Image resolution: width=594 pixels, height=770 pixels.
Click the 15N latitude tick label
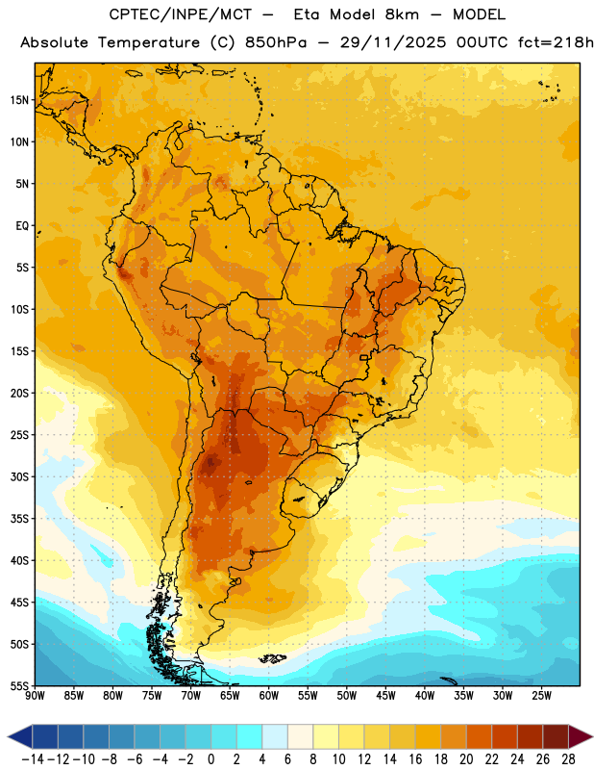click(x=19, y=100)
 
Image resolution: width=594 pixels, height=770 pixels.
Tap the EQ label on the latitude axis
click(x=22, y=226)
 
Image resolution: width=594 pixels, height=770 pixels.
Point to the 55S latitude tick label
click(x=19, y=685)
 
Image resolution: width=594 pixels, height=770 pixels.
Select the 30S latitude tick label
click(x=19, y=476)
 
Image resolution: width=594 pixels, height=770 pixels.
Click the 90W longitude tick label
click(x=35, y=696)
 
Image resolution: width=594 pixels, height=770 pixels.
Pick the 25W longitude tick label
click(x=541, y=696)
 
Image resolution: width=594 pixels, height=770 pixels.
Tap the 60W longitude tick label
click(x=269, y=696)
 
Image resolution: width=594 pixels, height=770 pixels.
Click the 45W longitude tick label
click(x=385, y=696)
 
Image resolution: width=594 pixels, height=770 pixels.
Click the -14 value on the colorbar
click(x=33, y=759)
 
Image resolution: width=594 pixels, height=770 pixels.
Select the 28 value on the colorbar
click(x=568, y=759)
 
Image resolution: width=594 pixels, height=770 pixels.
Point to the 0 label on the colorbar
click(x=210, y=759)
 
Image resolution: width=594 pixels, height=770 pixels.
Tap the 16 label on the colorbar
click(x=415, y=759)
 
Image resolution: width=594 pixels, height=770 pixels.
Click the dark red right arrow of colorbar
click(x=580, y=736)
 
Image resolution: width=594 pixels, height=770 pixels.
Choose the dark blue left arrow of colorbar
click(x=20, y=736)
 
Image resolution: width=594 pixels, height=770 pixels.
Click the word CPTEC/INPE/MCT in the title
click(x=181, y=14)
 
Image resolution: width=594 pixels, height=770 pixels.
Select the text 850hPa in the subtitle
click(x=276, y=42)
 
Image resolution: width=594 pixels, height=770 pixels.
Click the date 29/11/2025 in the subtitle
click(x=393, y=42)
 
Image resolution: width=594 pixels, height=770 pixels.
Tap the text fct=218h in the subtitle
click(x=556, y=42)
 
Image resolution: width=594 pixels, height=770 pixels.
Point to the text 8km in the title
click(x=402, y=14)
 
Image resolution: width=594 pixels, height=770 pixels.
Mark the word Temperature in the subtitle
click(x=149, y=43)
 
